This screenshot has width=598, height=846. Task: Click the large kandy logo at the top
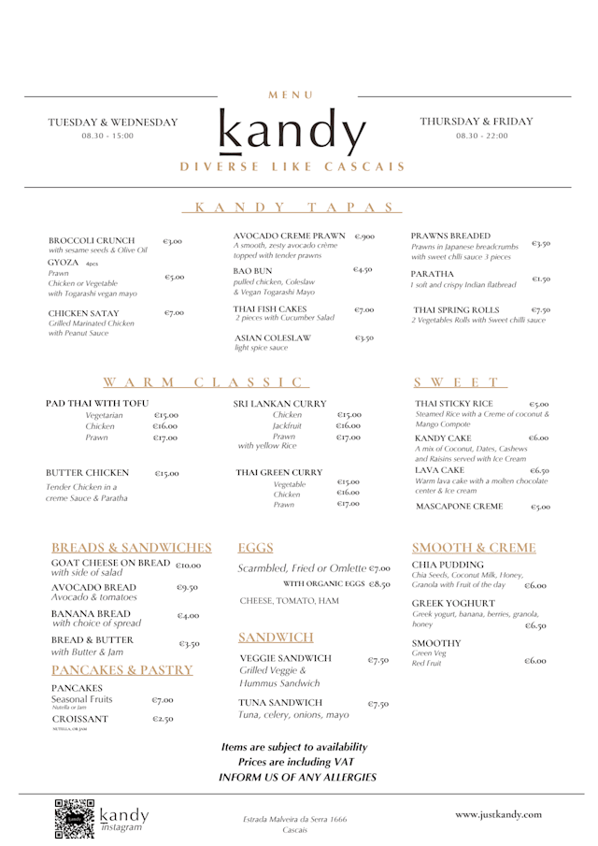click(292, 133)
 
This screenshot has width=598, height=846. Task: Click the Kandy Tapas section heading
click(298, 207)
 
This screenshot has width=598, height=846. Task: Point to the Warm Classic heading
click(205, 381)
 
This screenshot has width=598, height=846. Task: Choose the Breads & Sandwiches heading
click(132, 548)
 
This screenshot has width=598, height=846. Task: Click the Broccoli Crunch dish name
click(92, 240)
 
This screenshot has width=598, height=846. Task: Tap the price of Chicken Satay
click(174, 313)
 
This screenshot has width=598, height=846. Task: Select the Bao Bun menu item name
click(252, 270)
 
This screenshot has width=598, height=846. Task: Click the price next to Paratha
click(541, 279)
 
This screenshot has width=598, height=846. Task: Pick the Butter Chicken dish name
click(88, 473)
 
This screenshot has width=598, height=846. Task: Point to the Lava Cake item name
click(439, 470)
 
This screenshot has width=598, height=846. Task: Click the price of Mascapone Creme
click(540, 507)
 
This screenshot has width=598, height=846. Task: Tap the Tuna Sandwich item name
click(280, 702)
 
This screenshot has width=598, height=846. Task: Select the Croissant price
click(163, 720)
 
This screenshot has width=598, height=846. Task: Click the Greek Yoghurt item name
click(453, 603)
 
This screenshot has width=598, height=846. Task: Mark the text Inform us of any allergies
click(297, 777)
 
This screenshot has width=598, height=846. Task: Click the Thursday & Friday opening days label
click(476, 122)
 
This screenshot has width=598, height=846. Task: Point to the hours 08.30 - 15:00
click(107, 136)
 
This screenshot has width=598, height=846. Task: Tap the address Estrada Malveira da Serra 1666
click(294, 819)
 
